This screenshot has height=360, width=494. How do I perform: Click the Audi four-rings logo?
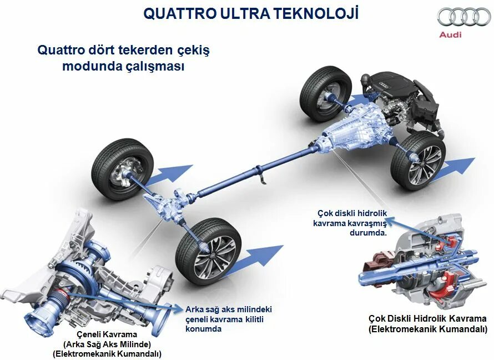(464, 17)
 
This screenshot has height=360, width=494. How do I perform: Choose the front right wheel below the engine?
(418, 160)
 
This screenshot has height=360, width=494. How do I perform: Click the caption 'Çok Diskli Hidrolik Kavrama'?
(427, 318)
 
